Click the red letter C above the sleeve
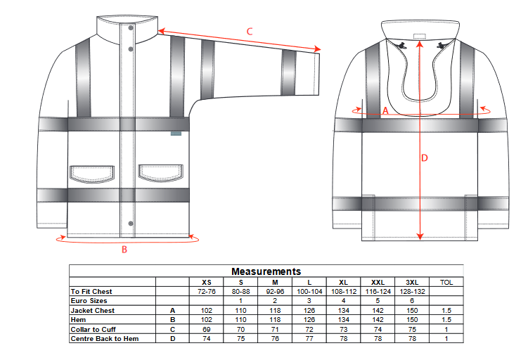250,32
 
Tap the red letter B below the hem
124,250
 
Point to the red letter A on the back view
385,110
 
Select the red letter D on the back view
424,158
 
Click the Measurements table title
266,271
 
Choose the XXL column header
378,283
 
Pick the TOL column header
446,283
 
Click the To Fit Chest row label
91,292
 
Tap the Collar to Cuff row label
94,329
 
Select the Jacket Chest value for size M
275,311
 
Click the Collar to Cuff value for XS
207,329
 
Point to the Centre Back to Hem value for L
309,338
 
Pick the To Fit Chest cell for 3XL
412,292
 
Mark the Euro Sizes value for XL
344,301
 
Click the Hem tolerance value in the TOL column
446,320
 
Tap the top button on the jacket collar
131,28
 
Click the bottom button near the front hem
131,224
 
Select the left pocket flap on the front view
92,173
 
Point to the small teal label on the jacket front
176,134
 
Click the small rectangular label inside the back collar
420,37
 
